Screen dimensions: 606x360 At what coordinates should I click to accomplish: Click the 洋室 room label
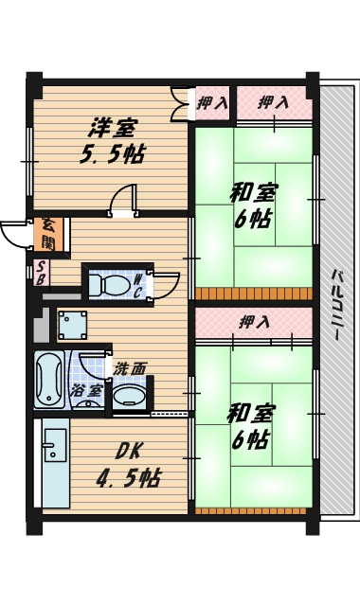point(114,127)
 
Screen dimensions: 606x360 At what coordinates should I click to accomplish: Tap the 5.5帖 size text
point(112,154)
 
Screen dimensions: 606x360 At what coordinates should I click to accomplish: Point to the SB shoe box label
point(42,273)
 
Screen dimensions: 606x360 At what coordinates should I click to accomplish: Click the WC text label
point(138,284)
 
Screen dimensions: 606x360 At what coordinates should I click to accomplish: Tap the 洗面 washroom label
point(131,367)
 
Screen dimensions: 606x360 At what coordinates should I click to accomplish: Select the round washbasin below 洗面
point(129,395)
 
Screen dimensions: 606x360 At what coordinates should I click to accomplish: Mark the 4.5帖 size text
point(127,478)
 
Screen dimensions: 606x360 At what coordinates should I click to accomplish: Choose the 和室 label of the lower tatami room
point(250,414)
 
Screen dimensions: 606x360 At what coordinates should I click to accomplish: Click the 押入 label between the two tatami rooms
point(254,322)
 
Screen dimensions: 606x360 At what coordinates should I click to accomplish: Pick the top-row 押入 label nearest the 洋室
point(212,102)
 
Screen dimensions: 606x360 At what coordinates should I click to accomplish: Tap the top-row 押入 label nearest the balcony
point(273,102)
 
